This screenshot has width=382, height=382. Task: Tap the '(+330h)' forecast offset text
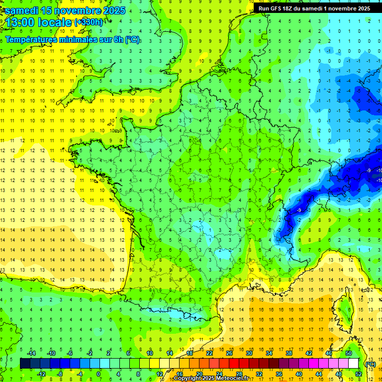click(x=89, y=22)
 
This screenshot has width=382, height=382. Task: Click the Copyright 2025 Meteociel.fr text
click(x=211, y=379)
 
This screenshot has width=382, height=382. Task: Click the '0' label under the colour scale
click(x=98, y=374)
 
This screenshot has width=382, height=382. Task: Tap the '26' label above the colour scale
click(x=229, y=353)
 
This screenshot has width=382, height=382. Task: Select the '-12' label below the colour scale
click(x=41, y=374)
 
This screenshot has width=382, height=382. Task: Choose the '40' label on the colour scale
click(x=298, y=374)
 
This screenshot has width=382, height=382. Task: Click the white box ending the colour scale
click(x=353, y=363)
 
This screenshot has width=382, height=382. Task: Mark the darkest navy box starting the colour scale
click(x=25, y=363)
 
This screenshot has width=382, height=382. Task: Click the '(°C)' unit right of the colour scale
click(x=370, y=364)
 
